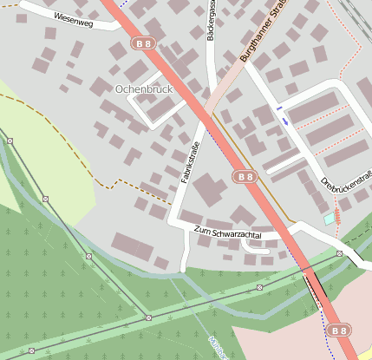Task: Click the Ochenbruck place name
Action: [x=143, y=88]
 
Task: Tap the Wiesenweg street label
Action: [x=73, y=17]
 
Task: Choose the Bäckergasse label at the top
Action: [x=211, y=22]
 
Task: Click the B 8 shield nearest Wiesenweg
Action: [x=145, y=42]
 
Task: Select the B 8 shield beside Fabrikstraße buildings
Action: [x=245, y=176]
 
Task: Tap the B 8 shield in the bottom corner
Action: [x=339, y=331]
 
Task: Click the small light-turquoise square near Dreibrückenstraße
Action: [x=329, y=219]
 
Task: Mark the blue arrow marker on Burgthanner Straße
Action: [x=285, y=121]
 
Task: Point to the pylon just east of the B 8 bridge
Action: [x=339, y=253]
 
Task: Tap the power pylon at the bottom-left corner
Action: [x=31, y=350]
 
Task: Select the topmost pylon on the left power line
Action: [x=10, y=140]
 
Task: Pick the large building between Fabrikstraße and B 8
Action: [x=211, y=190]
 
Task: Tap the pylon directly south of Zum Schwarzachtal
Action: [x=259, y=286]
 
